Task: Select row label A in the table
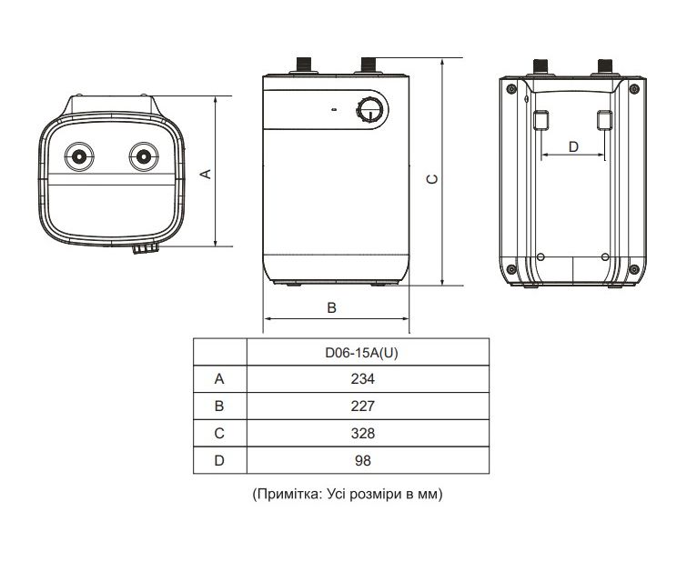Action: pos(218,378)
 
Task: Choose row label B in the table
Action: pos(218,406)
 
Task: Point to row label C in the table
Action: pos(218,433)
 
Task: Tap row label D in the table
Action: pos(218,461)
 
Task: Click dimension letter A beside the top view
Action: pos(207,173)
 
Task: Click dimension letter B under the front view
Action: pos(332,308)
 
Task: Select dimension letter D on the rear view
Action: pos(573,146)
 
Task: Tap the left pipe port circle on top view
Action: pos(80,156)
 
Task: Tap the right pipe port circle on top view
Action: pos(142,156)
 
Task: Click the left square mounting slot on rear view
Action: pos(541,120)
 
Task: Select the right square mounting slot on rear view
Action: pos(604,120)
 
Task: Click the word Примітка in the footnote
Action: pos(286,495)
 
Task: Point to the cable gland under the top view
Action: pos(144,247)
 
